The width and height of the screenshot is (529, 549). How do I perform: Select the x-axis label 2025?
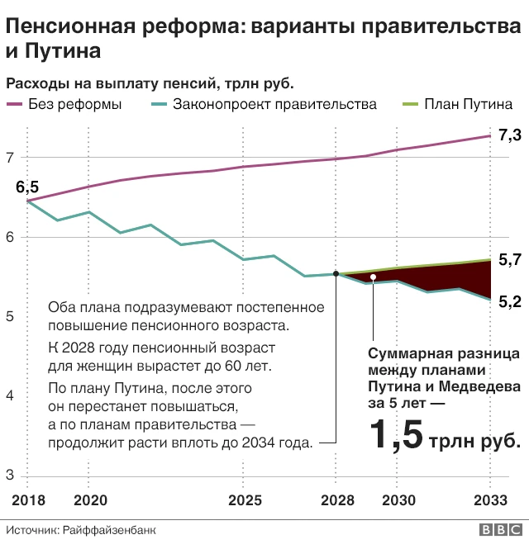pyautogui.click(x=245, y=501)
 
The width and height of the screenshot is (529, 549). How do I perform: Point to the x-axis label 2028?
pyautogui.click(x=336, y=501)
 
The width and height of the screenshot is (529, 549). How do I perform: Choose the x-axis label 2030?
pyautogui.click(x=398, y=501)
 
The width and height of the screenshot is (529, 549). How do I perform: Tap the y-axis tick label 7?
pyautogui.click(x=10, y=158)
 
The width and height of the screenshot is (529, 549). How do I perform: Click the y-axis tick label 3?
pyautogui.click(x=10, y=476)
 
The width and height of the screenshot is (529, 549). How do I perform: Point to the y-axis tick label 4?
pyautogui.click(x=10, y=396)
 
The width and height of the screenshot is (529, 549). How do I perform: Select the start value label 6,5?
pyautogui.click(x=27, y=187)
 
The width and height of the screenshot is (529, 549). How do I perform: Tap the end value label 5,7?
pyautogui.click(x=510, y=260)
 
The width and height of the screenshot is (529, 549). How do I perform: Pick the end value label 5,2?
pyautogui.click(x=510, y=302)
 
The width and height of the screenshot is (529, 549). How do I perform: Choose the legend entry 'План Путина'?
pyautogui.click(x=468, y=105)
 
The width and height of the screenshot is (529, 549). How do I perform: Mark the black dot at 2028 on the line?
pyautogui.click(x=336, y=274)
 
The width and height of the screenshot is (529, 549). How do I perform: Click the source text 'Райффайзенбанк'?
pyautogui.click(x=110, y=530)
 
